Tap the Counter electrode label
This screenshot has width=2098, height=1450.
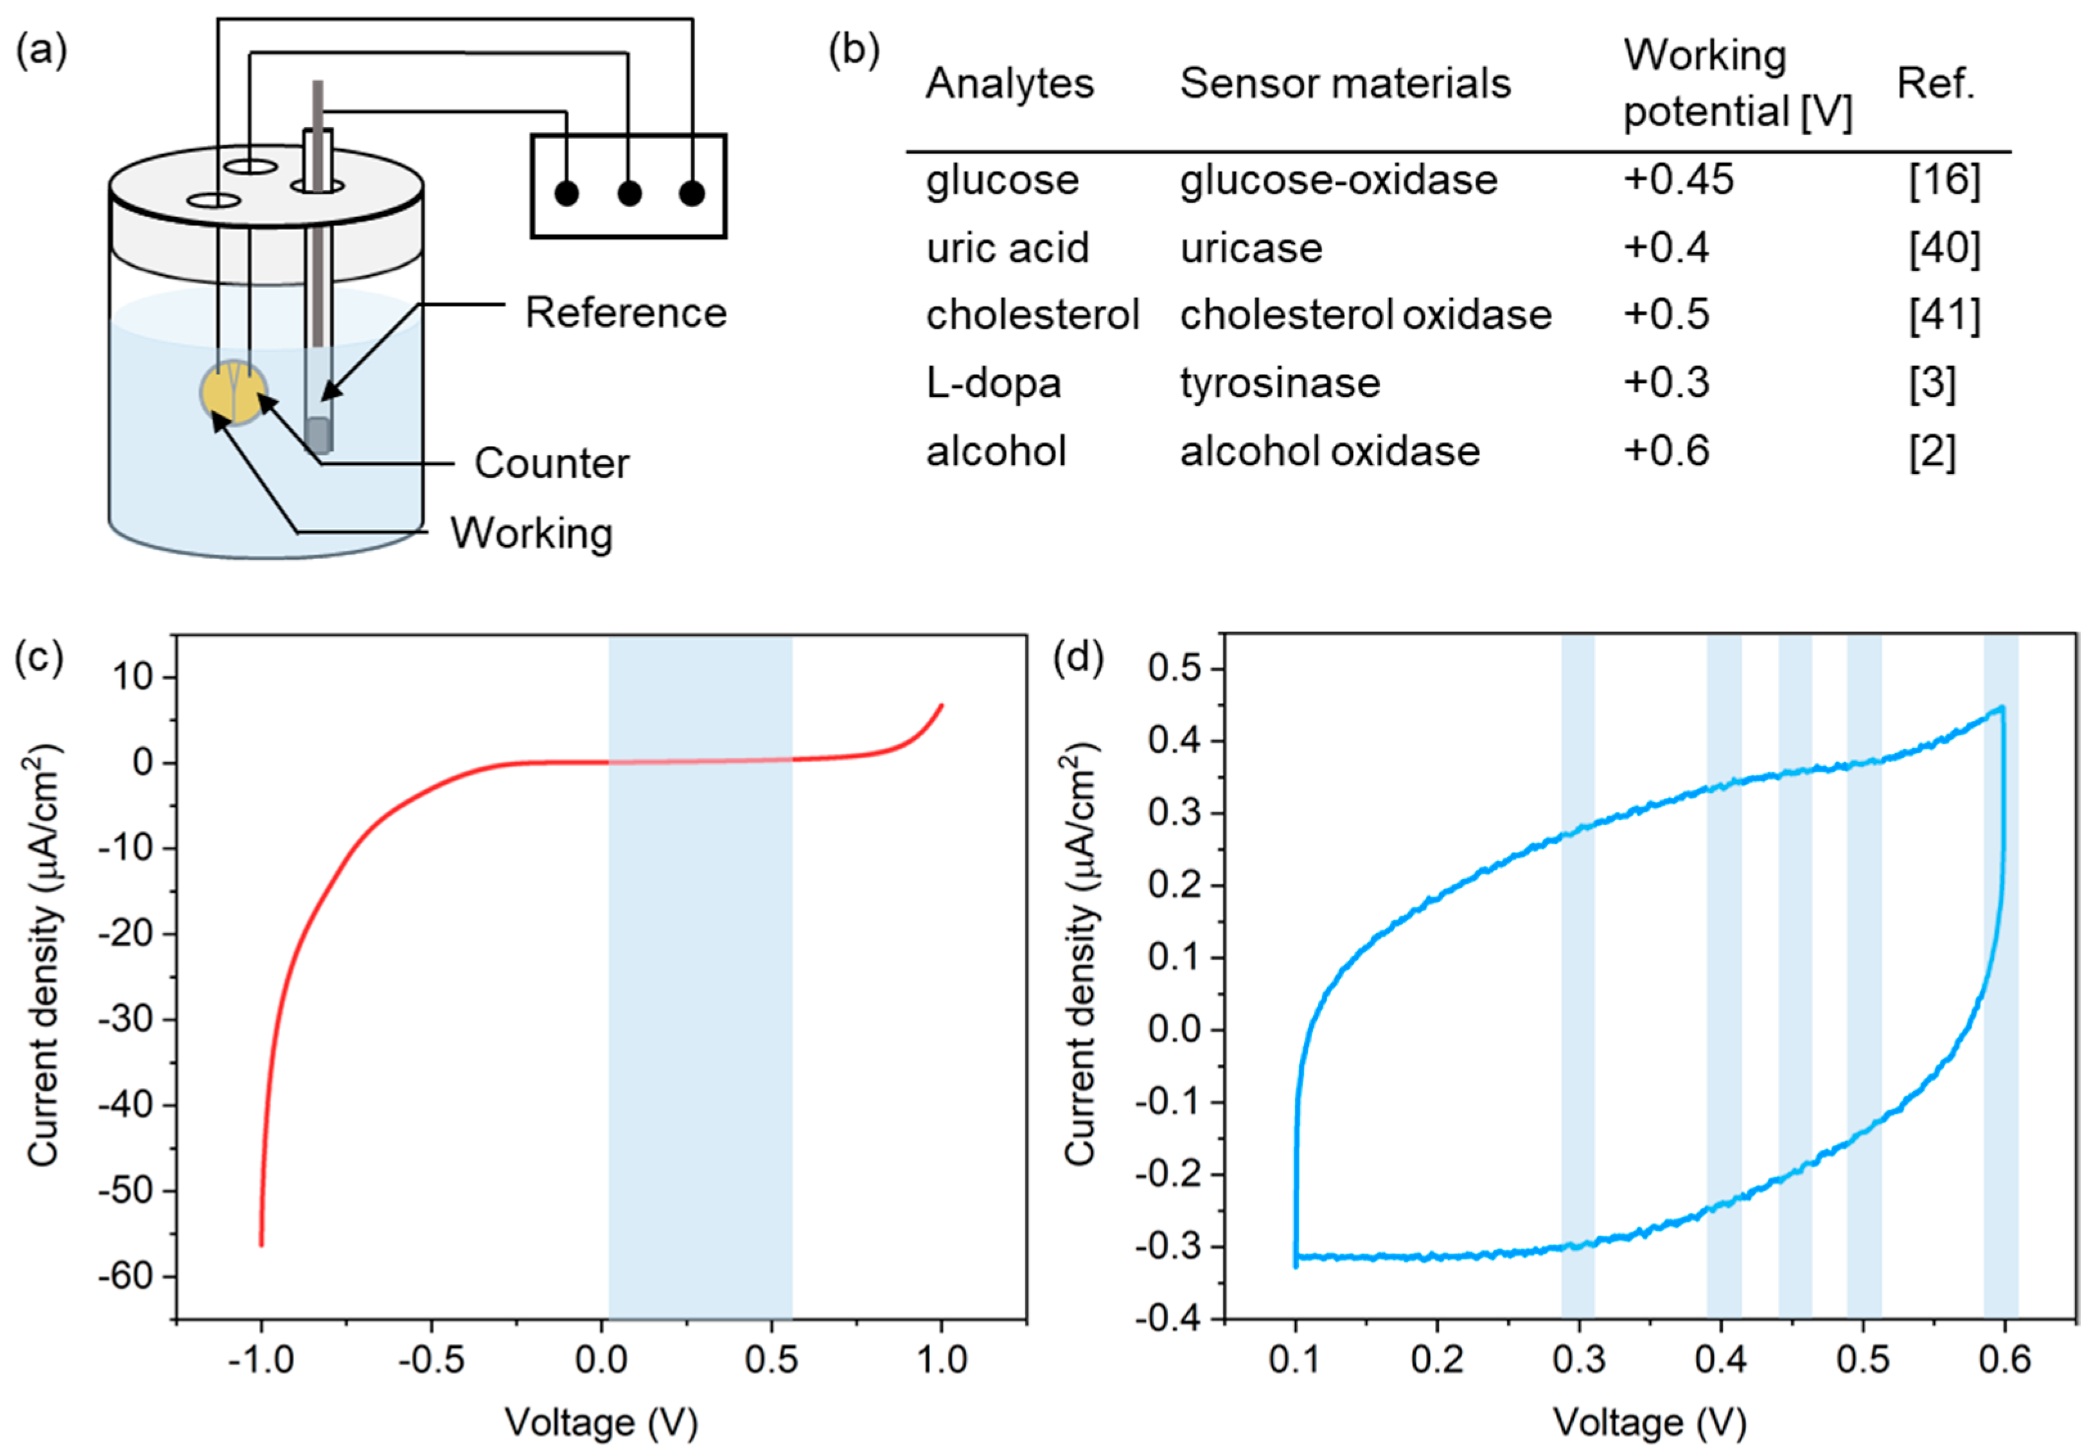[x=551, y=463]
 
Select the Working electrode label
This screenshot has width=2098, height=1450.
[x=531, y=533]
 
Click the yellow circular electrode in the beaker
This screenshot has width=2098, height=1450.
[x=233, y=393]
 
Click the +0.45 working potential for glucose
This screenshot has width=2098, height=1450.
[x=1679, y=180]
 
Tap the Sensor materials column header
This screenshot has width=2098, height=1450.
[x=1345, y=84]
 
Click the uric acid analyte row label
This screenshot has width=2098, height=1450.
[x=1007, y=248]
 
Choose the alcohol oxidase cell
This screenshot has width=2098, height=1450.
[x=1330, y=452]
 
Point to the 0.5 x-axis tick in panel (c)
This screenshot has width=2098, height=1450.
[x=771, y=1360]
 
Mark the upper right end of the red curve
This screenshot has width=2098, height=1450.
[x=941, y=705]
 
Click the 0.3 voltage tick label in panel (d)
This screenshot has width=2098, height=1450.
[x=1578, y=1360]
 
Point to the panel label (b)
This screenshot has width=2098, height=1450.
[x=854, y=50]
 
